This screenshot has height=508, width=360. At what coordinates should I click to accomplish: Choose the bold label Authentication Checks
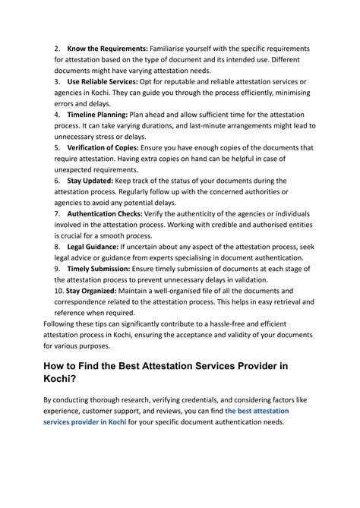pos(108,214)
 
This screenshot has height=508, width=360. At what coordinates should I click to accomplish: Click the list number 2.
pos(57,48)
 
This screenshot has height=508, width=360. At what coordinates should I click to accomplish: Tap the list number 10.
pos(58,291)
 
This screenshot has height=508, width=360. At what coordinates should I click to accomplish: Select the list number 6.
pos(57,181)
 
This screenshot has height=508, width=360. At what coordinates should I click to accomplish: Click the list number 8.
pos(57,248)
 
